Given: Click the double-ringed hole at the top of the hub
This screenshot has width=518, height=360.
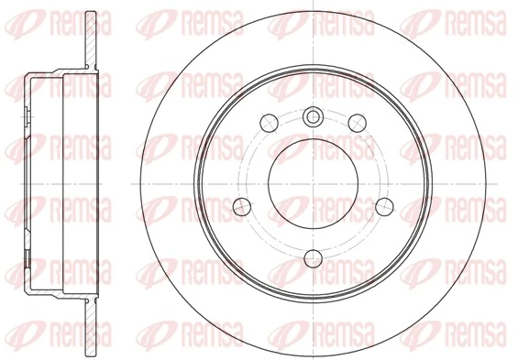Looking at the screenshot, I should (x=312, y=115).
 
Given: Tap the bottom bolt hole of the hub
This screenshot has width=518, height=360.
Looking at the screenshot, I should (x=312, y=256).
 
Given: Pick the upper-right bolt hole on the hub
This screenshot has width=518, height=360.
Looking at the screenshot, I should (x=354, y=120).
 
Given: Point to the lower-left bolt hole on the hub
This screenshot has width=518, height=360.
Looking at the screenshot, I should (x=242, y=205).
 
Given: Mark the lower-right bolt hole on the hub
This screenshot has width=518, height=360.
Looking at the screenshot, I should (x=381, y=205).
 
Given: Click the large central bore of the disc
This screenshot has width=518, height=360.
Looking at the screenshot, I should (x=312, y=180).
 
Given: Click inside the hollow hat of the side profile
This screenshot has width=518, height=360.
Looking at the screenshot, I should (x=55, y=180).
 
